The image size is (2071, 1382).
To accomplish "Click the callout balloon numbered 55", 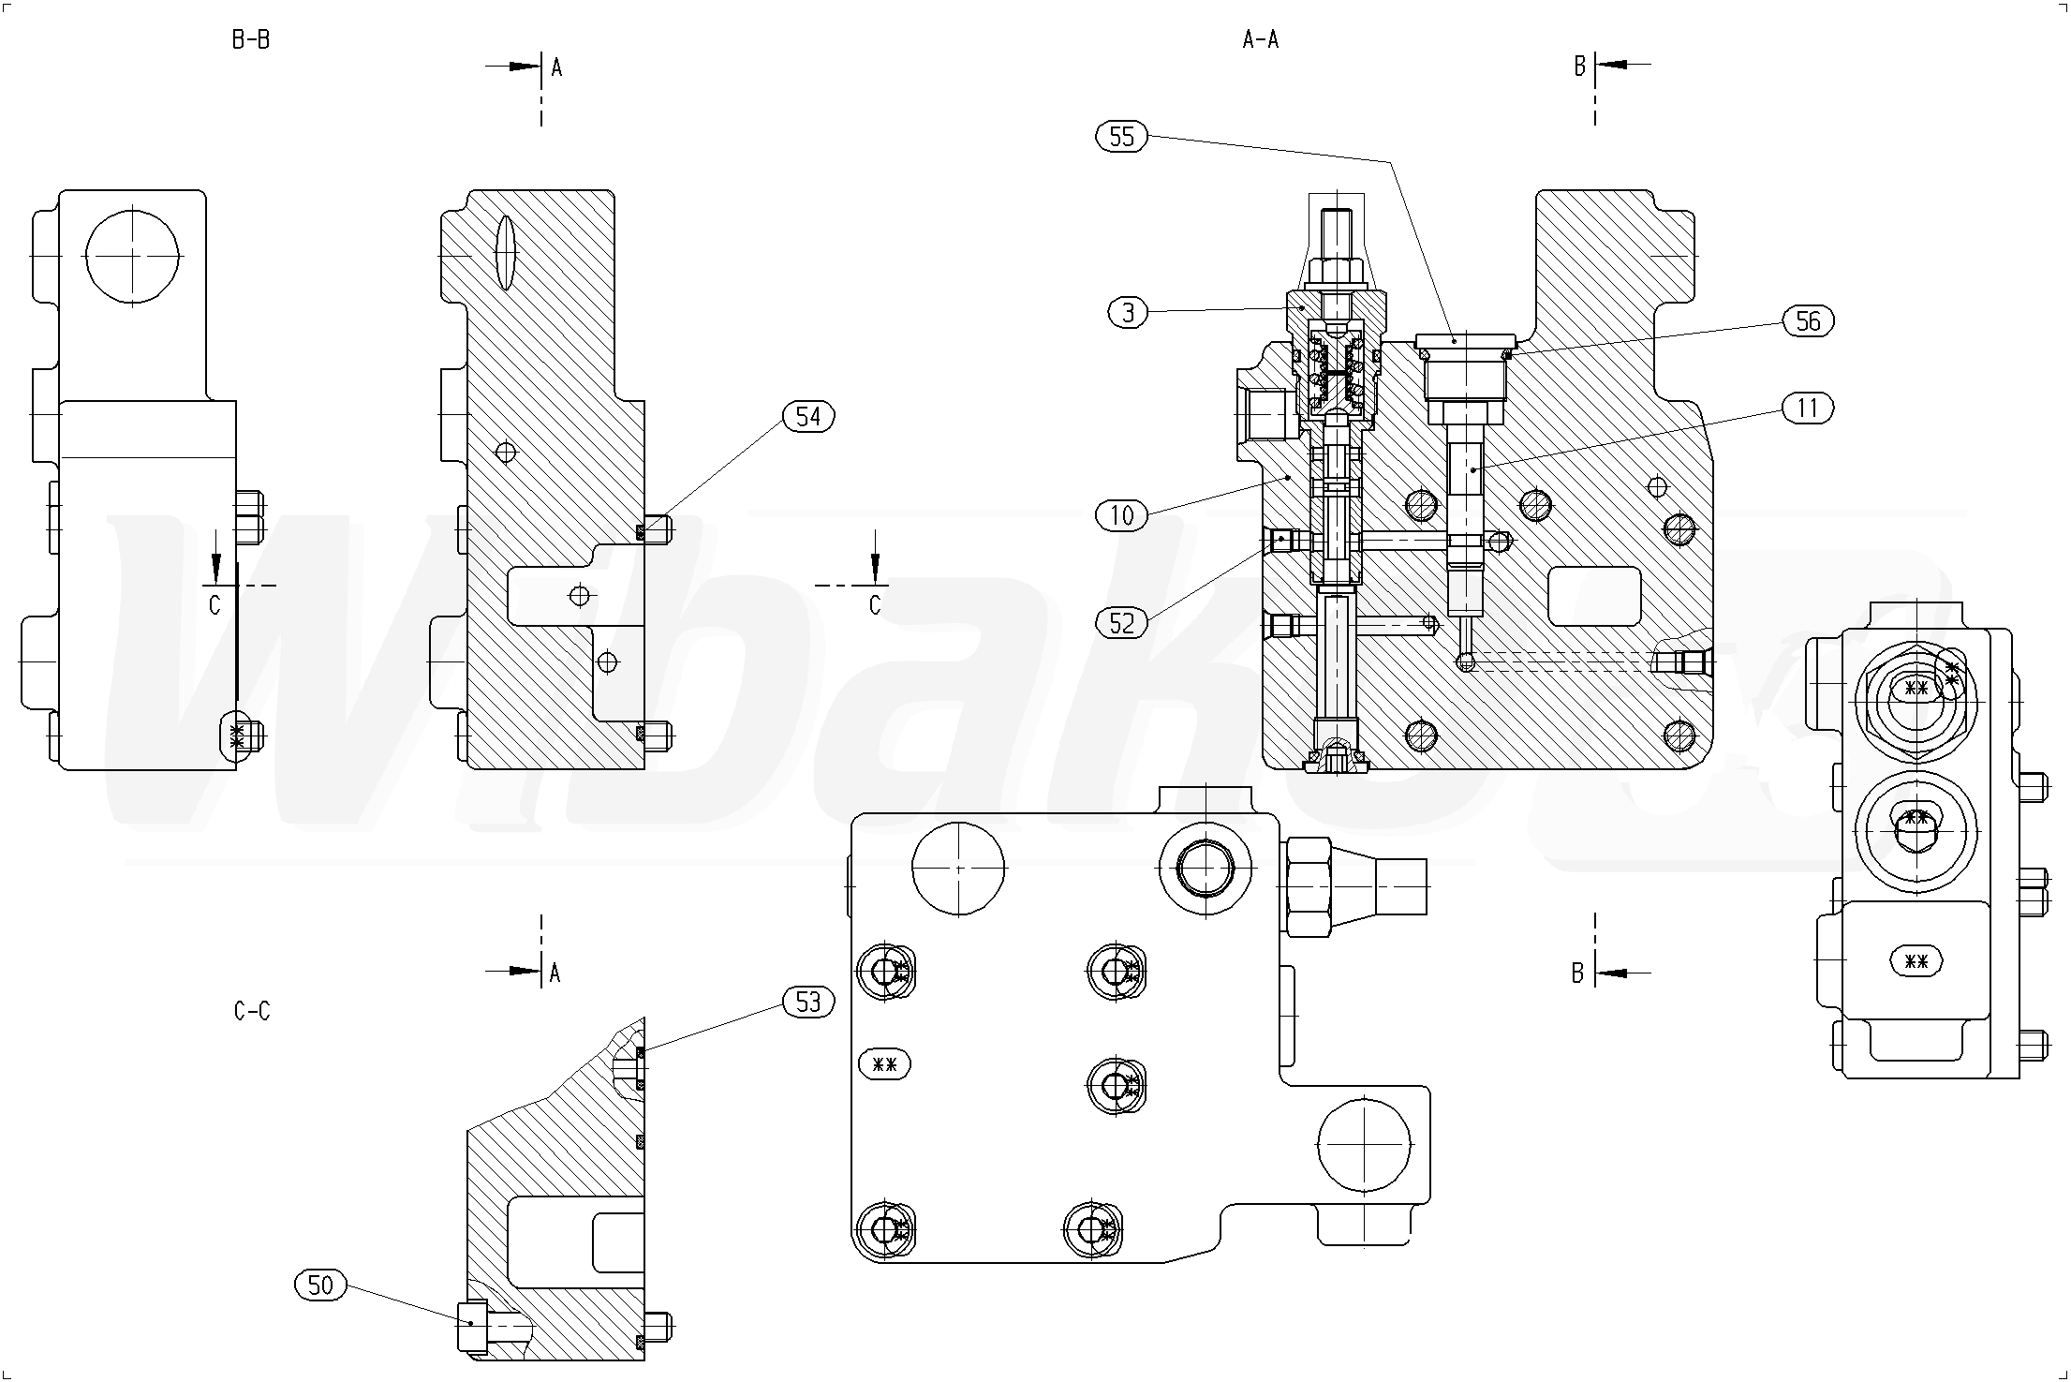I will (1121, 138).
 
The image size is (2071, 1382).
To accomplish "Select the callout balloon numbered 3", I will (1128, 312).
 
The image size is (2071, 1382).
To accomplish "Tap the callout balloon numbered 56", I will (1808, 321).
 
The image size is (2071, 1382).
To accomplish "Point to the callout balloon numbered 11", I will (1808, 409).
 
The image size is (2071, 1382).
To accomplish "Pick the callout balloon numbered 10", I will (1121, 514).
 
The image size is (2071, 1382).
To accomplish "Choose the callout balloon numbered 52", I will (1121, 623).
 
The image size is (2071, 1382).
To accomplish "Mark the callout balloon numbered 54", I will (808, 416).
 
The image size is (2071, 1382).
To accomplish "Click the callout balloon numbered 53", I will (807, 1003).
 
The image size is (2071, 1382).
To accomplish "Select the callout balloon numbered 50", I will (320, 1285).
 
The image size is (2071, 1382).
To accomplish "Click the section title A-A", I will (1260, 39).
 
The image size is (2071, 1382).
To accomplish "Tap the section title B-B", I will (251, 39).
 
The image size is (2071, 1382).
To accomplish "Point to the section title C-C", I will (252, 1011).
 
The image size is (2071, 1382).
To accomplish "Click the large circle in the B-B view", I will (132, 256).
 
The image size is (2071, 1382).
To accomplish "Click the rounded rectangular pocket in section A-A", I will (1594, 596).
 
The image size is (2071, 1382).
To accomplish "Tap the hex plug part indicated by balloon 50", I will (473, 1327).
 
